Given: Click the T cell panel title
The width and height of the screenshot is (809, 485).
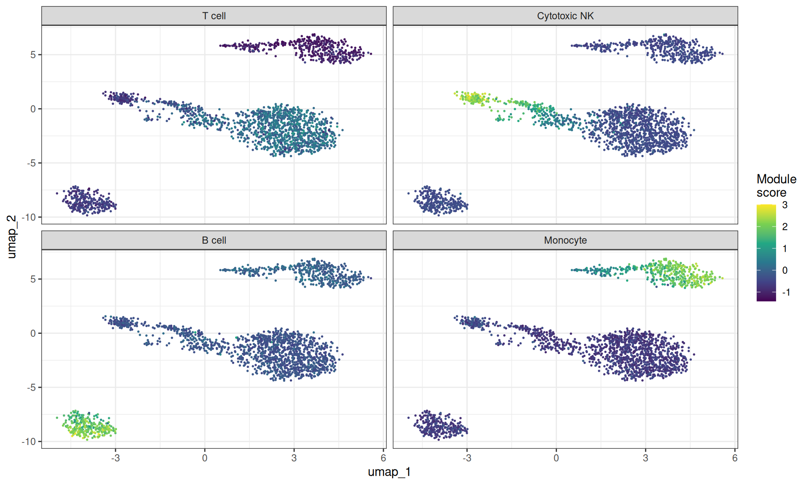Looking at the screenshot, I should tap(214, 16).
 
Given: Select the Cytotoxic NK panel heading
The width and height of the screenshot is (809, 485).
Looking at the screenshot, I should tap(565, 16).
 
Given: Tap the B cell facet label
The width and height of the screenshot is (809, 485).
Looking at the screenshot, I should tap(214, 240).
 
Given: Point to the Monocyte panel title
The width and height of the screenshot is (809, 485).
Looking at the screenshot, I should tap(565, 240).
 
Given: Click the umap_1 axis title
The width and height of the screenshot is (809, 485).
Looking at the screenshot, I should tap(389, 472).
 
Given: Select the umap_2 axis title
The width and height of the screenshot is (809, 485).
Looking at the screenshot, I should tap(12, 237).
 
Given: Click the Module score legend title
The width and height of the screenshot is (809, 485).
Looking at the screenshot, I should tap(776, 186).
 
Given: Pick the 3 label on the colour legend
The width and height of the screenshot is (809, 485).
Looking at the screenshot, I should tap(785, 205).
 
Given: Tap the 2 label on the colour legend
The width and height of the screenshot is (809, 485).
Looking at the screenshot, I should tap(785, 227).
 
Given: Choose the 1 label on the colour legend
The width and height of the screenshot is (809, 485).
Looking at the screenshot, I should tap(785, 249).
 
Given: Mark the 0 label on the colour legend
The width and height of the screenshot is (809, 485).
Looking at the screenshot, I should tap(785, 270).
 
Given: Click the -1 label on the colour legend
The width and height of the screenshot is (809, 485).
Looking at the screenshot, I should tap(786, 292).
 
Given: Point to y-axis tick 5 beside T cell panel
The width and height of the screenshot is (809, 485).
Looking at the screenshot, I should tap(33, 55).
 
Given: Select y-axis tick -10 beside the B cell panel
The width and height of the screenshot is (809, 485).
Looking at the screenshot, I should tap(29, 442).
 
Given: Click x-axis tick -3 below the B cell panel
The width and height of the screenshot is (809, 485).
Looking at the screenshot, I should tap(115, 458).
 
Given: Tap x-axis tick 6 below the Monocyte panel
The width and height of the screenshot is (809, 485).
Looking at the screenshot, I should tap(735, 458).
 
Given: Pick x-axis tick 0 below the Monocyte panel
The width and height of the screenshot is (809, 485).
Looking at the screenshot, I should tap(556, 458).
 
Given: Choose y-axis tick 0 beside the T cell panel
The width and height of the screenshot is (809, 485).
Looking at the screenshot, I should tap(33, 109).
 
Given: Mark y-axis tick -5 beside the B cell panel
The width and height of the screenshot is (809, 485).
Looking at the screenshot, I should tap(31, 387).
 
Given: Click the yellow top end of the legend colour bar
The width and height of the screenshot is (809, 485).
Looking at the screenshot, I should tap(766, 206).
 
